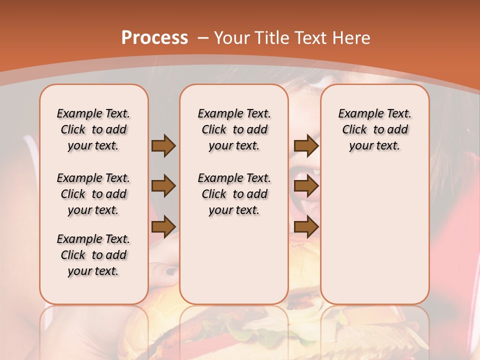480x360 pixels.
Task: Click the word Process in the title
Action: (154, 38)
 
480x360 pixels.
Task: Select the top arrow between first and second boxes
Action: (163, 145)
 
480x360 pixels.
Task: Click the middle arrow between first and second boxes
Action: (163, 186)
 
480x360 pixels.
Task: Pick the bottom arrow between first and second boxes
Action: (163, 227)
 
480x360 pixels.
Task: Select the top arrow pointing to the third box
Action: (306, 145)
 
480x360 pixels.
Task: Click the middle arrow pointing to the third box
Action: (306, 186)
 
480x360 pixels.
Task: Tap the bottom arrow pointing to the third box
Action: (306, 227)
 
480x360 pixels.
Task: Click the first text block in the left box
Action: (93, 129)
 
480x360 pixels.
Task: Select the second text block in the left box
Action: (93, 194)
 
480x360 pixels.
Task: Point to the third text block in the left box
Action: (93, 255)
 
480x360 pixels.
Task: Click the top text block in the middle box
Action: (234, 129)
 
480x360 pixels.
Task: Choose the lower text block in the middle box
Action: (234, 194)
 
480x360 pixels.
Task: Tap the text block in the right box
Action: (374, 129)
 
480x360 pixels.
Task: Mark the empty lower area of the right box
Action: (374, 235)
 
